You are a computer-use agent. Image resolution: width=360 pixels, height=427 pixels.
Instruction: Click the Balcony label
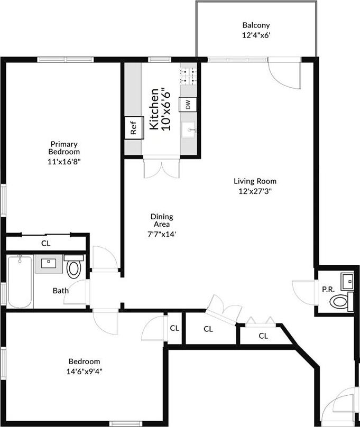[x=256, y=25]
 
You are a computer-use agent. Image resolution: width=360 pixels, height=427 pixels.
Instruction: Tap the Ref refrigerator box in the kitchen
[x=134, y=128]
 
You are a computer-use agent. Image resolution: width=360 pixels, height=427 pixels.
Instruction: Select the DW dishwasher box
[x=188, y=104]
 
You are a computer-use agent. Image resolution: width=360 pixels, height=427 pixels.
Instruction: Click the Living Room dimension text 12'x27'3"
[x=255, y=192]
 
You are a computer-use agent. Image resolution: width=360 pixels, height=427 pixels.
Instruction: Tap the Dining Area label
[x=162, y=220]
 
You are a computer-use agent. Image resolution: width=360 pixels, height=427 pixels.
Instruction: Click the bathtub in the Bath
[x=20, y=281]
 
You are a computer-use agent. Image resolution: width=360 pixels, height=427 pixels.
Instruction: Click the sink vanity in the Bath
[x=48, y=263]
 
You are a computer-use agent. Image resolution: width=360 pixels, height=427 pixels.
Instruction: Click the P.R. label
[x=327, y=289]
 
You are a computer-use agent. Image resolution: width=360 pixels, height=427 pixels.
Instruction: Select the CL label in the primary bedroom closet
[x=46, y=244]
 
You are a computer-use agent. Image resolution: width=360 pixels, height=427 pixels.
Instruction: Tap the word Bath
[x=60, y=290]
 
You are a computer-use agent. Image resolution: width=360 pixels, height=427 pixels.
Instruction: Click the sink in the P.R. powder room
[x=347, y=281]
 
